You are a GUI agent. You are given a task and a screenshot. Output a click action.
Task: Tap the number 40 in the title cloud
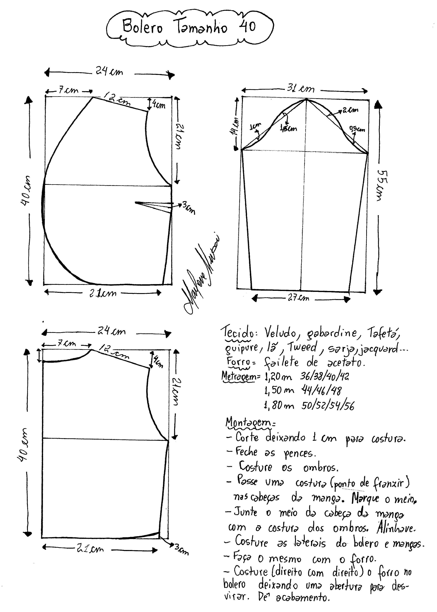(247, 27)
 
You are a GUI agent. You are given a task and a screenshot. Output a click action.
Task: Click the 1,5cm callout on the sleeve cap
(289, 128)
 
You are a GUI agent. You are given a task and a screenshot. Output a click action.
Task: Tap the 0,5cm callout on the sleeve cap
(357, 130)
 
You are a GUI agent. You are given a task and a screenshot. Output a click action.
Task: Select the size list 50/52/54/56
(328, 405)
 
